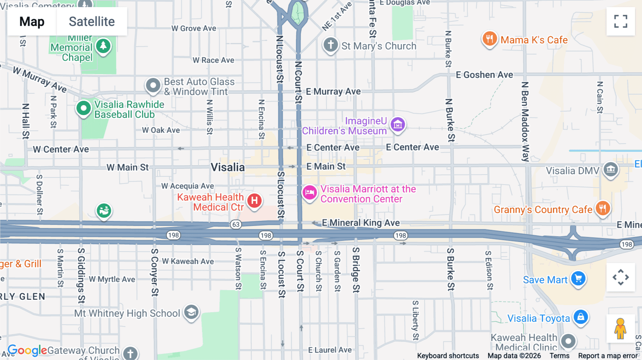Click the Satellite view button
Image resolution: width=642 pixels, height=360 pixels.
[92, 21]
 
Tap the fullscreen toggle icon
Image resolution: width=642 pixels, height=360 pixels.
[621, 21]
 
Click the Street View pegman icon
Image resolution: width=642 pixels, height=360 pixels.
[620, 329]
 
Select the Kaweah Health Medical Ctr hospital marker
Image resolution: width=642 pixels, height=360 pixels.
[254, 201]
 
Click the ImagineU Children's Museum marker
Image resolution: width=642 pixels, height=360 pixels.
[398, 125]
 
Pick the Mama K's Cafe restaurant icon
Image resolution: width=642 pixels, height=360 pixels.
[489, 39]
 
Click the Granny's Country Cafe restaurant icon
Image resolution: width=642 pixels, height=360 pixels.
[602, 208]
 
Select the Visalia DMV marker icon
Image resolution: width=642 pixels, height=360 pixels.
[610, 169]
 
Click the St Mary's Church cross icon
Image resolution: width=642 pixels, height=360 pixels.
[331, 45]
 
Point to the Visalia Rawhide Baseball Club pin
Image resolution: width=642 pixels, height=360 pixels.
[83, 108]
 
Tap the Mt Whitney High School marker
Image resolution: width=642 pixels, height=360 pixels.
[191, 312]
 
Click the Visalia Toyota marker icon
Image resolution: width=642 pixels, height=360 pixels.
[580, 317]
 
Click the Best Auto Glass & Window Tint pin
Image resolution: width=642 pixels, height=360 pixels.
[153, 86]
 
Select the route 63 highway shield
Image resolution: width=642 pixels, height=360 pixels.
[236, 225]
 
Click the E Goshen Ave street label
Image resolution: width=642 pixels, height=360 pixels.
[484, 75]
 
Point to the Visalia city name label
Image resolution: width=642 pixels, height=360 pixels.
[228, 167]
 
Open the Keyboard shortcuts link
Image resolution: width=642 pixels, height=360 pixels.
[448, 356]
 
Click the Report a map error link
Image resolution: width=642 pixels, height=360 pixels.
[607, 356]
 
